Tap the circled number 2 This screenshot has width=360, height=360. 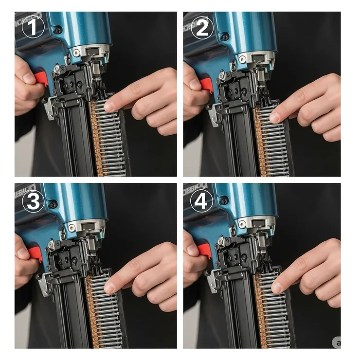pos(202,29)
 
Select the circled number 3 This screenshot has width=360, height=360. pos(33,201)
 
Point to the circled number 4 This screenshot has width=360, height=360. pos(202,201)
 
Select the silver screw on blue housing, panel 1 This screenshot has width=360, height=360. pos(76,52)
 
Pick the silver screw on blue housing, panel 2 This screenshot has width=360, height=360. pos(242,59)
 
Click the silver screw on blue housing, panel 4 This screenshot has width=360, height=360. pos(242,224)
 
